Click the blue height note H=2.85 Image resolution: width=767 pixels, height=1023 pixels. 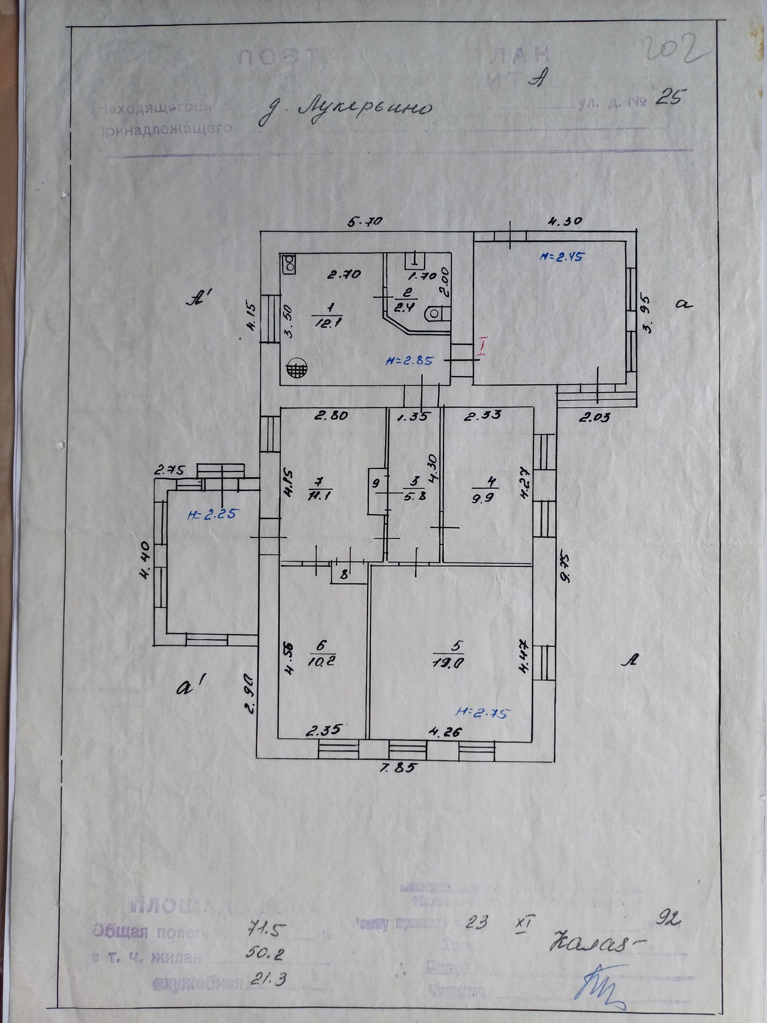(409, 361)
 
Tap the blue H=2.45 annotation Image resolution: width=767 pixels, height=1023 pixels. (561, 257)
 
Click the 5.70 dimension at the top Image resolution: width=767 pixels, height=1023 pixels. (366, 221)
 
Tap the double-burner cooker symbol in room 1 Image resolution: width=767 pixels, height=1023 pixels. (289, 264)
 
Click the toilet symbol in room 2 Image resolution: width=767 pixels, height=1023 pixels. (435, 314)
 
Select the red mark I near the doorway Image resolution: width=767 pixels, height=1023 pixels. (482, 346)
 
